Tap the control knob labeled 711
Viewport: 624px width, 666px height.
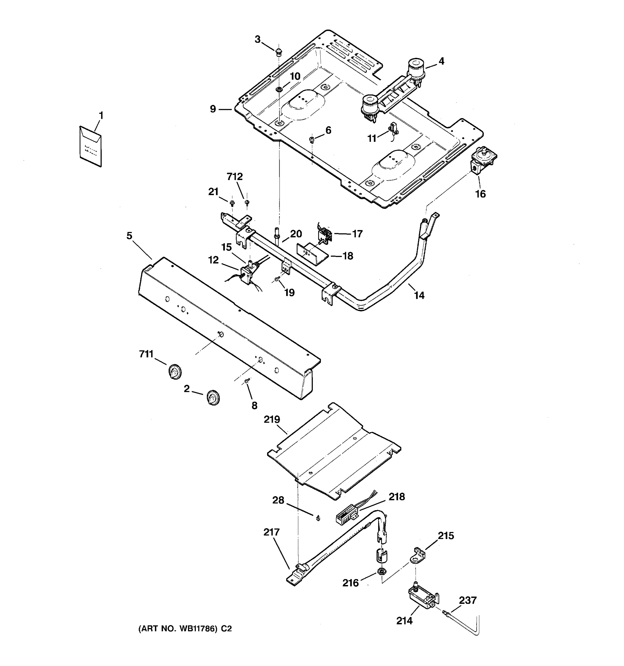point(174,372)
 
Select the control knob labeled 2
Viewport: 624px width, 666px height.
point(212,398)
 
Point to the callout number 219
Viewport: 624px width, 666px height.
point(272,419)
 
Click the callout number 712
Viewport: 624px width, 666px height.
point(235,176)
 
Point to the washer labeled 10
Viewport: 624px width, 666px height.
point(278,89)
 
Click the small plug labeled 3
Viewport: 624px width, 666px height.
point(278,52)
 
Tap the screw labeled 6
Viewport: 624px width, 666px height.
point(312,139)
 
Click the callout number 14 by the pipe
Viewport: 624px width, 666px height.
point(419,295)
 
